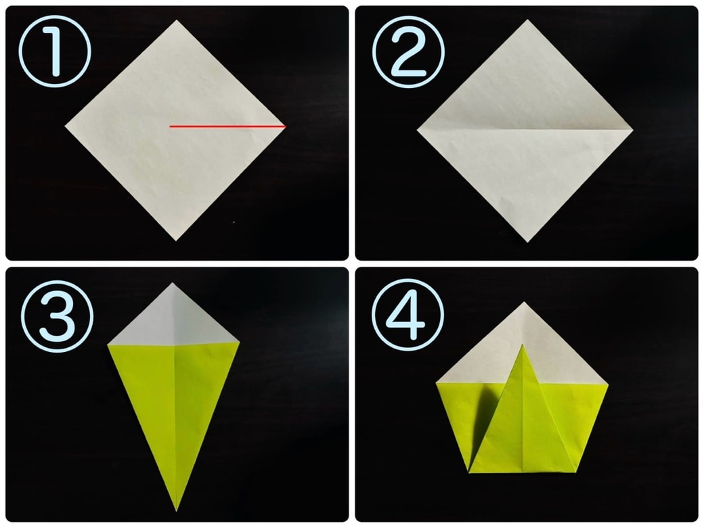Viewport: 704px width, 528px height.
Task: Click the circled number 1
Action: pos(55,51)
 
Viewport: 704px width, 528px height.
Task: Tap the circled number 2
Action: pos(408,52)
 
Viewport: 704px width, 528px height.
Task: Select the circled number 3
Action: pos(57,316)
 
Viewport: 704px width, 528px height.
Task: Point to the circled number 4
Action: pos(408,315)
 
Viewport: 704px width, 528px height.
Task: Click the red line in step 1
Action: pos(227,127)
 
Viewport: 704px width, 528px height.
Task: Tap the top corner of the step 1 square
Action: pos(177,20)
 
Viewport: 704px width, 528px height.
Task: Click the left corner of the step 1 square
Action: pos(65,126)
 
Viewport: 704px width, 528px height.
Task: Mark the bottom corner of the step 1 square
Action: pos(176,241)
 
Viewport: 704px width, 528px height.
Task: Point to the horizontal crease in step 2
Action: pos(525,130)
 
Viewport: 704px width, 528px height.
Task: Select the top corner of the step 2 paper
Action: pos(527,20)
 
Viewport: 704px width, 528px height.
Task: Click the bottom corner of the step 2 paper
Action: pos(527,242)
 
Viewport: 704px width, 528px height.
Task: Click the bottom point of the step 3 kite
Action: pos(176,511)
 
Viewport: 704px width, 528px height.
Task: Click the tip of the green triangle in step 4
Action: pos(522,345)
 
